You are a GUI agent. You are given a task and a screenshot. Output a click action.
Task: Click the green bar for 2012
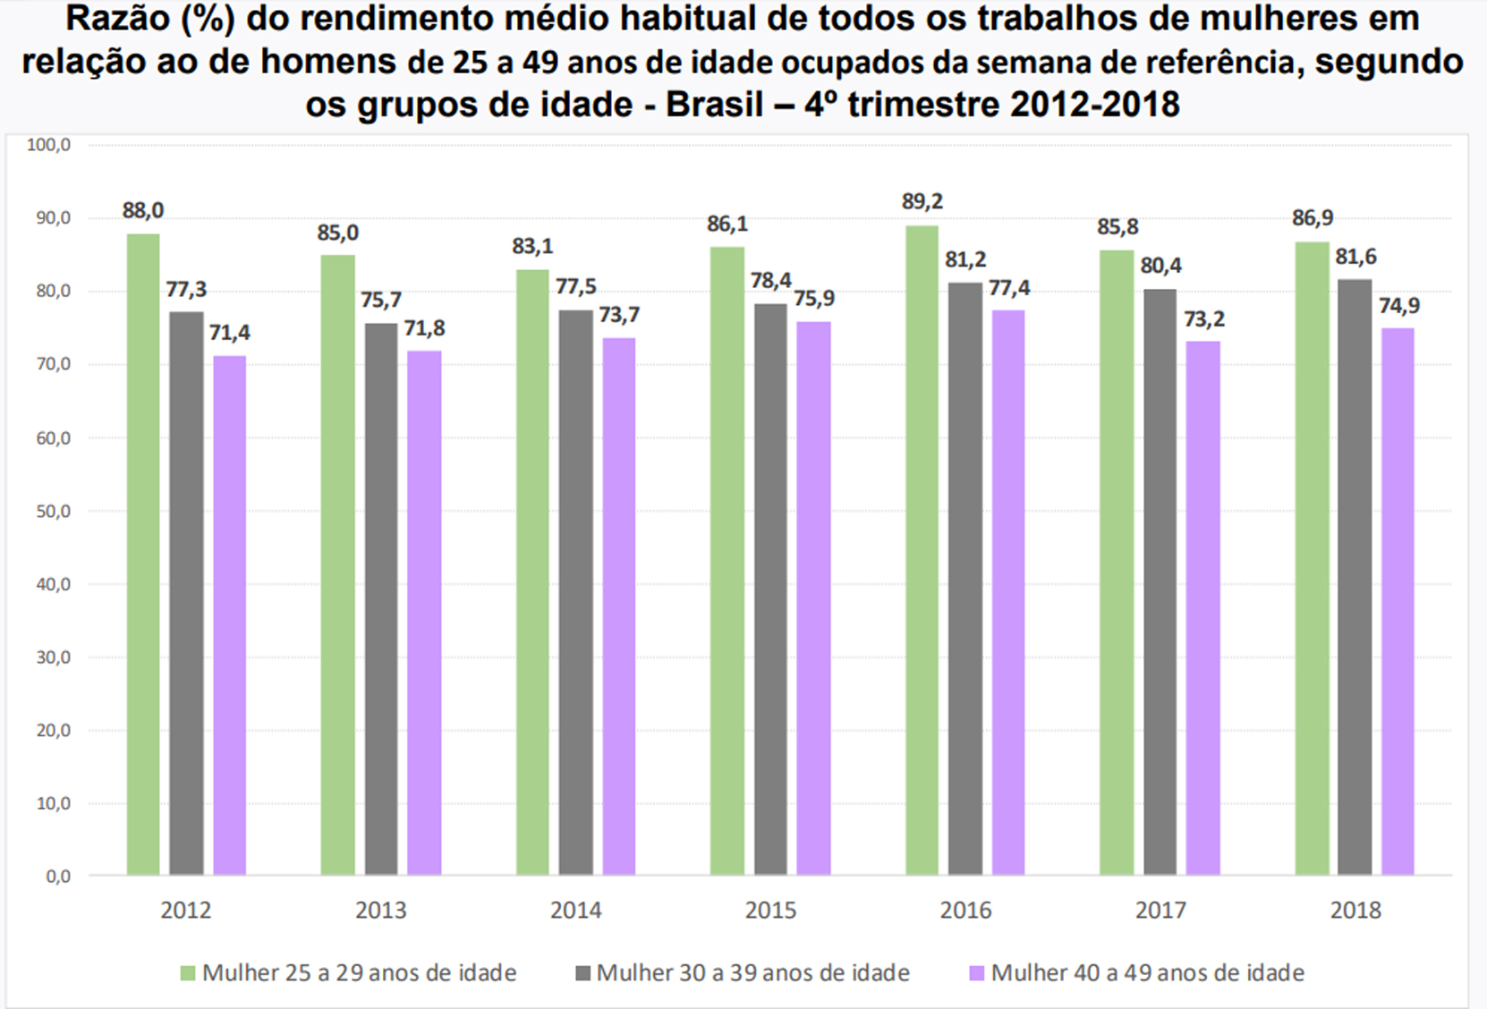(x=143, y=555)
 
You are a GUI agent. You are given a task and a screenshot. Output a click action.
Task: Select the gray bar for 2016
(x=965, y=579)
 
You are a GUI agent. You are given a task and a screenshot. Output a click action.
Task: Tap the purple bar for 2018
(x=1398, y=601)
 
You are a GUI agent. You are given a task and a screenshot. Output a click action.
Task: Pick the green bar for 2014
(x=532, y=572)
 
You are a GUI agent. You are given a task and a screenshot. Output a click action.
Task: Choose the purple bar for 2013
(x=424, y=613)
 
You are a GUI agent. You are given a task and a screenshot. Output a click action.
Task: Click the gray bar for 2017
(x=1160, y=581)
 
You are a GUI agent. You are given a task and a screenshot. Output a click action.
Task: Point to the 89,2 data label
(x=922, y=202)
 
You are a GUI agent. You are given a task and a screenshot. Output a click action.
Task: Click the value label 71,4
(x=230, y=334)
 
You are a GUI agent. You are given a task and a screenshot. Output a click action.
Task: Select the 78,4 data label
(x=770, y=281)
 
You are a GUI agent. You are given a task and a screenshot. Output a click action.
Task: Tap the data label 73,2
(x=1203, y=319)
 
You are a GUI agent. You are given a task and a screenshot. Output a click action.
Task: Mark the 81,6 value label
(x=1355, y=258)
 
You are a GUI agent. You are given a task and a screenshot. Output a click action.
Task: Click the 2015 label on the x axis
(x=770, y=911)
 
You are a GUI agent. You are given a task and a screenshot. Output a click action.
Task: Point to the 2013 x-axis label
(x=380, y=911)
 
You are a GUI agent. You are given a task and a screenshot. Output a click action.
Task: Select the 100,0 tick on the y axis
(x=49, y=145)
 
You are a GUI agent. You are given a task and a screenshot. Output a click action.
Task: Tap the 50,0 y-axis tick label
(x=53, y=512)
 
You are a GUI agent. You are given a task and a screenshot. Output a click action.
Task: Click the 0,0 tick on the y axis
(x=57, y=877)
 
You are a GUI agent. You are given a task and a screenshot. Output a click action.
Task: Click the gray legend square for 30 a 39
(x=583, y=973)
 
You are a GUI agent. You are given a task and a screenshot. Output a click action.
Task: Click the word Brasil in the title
(x=714, y=105)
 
